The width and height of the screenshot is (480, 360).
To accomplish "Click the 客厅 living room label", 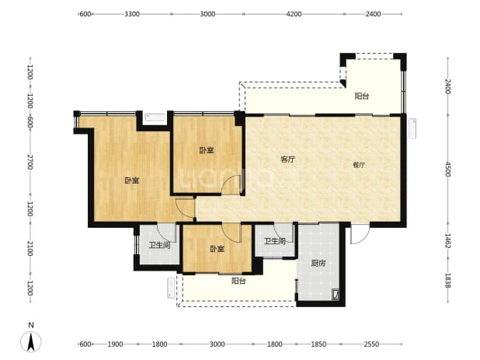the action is pyautogui.click(x=288, y=159).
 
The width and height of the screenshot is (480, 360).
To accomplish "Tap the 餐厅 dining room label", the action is pyautogui.click(x=359, y=165).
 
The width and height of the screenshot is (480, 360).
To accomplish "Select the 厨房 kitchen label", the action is pyautogui.click(x=318, y=263).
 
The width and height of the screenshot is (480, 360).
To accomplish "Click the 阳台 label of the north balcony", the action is pyautogui.click(x=362, y=96).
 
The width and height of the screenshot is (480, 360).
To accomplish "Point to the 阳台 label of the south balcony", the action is pyautogui.click(x=238, y=281).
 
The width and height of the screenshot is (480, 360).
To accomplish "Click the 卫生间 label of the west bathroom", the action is pyautogui.click(x=159, y=245).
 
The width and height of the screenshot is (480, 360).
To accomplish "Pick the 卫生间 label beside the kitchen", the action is pyautogui.click(x=275, y=242).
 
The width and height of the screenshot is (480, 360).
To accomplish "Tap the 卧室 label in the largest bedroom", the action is pyautogui.click(x=132, y=180).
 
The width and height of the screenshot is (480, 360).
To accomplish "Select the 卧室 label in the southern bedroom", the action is pyautogui.click(x=217, y=249).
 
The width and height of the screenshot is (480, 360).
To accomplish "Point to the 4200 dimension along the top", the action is pyautogui.click(x=294, y=14).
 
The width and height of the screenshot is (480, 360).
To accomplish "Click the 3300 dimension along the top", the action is pyautogui.click(x=132, y=14).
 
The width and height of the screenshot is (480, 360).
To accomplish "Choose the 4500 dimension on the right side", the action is pyautogui.click(x=447, y=170).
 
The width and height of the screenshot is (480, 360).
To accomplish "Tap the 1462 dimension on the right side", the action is pyautogui.click(x=447, y=241).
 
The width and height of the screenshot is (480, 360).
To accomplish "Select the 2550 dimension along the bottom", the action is pyautogui.click(x=371, y=344).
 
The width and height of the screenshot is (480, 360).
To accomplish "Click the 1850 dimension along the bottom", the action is pyautogui.click(x=318, y=344).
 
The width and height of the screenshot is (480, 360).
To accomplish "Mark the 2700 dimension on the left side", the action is pyautogui.click(x=30, y=162).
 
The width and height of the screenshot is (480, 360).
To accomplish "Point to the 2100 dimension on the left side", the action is pyautogui.click(x=30, y=249).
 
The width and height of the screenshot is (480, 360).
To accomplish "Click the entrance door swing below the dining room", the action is pyautogui.click(x=360, y=234).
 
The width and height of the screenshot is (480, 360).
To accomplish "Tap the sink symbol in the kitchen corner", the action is pyautogui.click(x=336, y=295).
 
